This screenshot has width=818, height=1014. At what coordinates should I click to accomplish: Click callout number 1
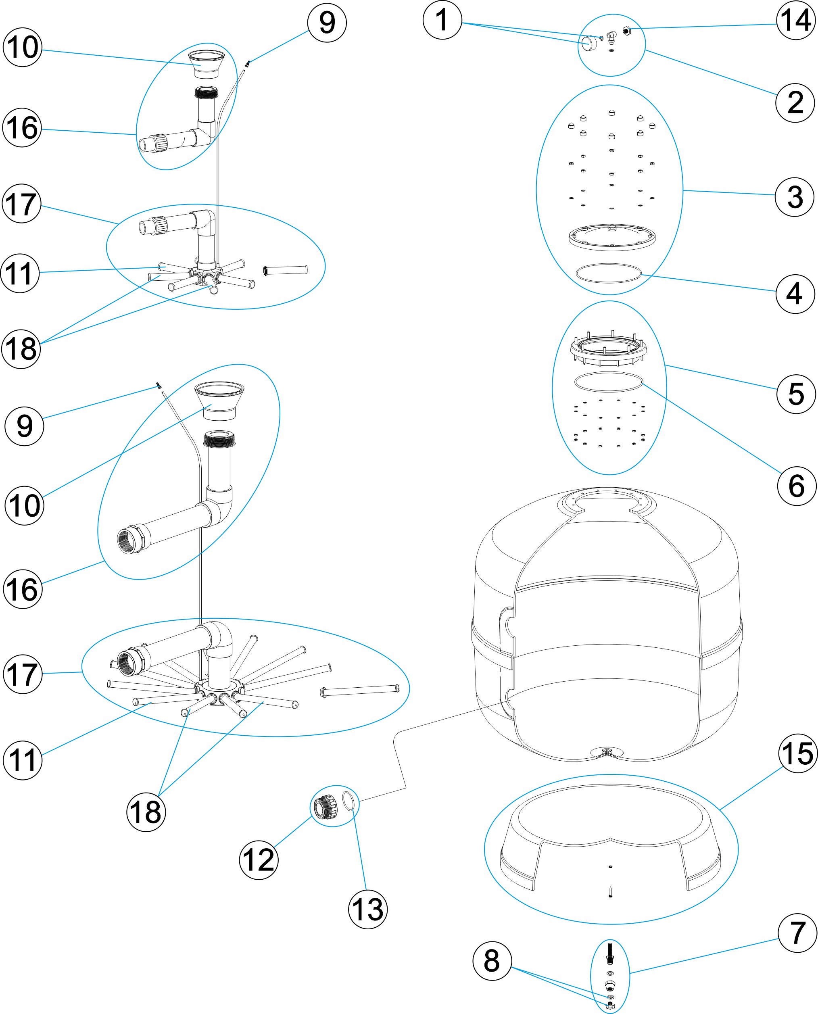click(x=442, y=20)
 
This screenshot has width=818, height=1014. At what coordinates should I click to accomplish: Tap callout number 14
click(x=796, y=20)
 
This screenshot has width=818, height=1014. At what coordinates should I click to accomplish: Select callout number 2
click(x=795, y=102)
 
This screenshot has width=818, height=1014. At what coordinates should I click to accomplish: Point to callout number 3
click(x=795, y=197)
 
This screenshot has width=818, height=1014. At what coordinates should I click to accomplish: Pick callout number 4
click(x=795, y=294)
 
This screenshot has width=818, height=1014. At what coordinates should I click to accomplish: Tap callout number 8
click(x=492, y=961)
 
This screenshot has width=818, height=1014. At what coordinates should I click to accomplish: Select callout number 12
click(x=259, y=860)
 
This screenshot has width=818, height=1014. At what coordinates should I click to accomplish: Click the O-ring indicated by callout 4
click(x=609, y=273)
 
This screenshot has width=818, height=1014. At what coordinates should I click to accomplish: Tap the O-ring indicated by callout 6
click(x=608, y=382)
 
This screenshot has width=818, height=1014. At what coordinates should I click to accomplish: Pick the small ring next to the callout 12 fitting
click(x=348, y=801)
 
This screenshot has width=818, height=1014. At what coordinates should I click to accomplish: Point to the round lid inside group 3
click(x=611, y=236)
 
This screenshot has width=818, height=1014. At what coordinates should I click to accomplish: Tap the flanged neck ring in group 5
click(x=608, y=350)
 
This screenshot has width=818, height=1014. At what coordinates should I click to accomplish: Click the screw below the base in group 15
click(x=610, y=891)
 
